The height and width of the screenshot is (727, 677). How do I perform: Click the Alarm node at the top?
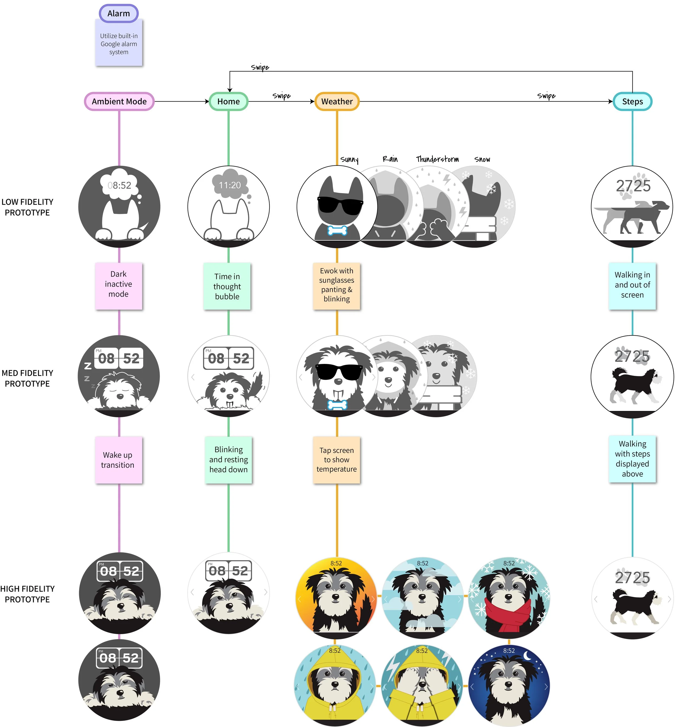point(119,14)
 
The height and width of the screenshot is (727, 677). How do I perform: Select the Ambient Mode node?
point(119,101)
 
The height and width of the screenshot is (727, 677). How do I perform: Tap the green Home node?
point(228,101)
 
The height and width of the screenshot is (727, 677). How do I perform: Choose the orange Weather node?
point(337,101)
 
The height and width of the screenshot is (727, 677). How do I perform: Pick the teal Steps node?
point(632,101)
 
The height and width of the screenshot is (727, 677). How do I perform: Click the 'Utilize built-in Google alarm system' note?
point(119,44)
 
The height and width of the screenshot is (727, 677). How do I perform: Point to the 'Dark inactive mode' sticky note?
point(119,284)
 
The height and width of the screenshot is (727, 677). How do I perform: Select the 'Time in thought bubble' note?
point(227,286)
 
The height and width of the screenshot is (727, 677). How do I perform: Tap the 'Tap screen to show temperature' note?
point(337,460)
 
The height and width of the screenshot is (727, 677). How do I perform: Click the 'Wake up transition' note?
point(118,460)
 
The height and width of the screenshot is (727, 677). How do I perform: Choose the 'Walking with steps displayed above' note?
point(632,459)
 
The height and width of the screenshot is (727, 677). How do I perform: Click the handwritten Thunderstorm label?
point(437,159)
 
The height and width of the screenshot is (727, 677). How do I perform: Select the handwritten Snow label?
point(482,159)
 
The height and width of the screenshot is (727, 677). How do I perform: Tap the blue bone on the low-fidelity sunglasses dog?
point(337,230)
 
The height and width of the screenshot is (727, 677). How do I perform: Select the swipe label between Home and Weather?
point(281,96)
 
